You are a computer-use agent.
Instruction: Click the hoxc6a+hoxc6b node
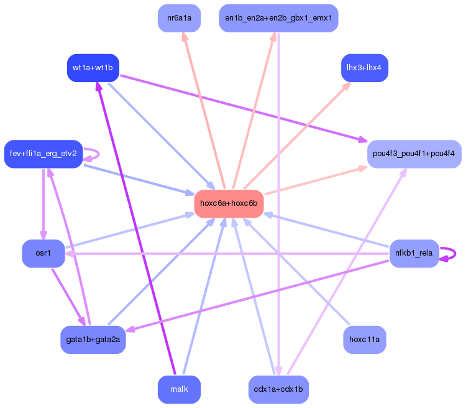pyautogui.click(x=229, y=203)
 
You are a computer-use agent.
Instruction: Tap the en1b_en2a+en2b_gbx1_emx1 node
pyautogui.click(x=278, y=18)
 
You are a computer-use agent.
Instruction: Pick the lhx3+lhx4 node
pyautogui.click(x=365, y=67)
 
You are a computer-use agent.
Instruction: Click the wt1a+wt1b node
pyautogui.click(x=93, y=67)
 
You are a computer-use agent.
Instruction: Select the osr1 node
pyautogui.click(x=43, y=253)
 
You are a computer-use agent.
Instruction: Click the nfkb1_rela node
pyautogui.click(x=414, y=253)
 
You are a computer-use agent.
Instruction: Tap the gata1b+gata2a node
pyautogui.click(x=93, y=340)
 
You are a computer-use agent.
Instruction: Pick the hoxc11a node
pyautogui.click(x=365, y=340)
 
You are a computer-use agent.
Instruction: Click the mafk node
pyautogui.click(x=179, y=389)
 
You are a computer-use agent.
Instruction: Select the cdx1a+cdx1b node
pyautogui.click(x=278, y=389)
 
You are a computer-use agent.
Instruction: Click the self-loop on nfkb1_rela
pyautogui.click(x=453, y=253)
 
